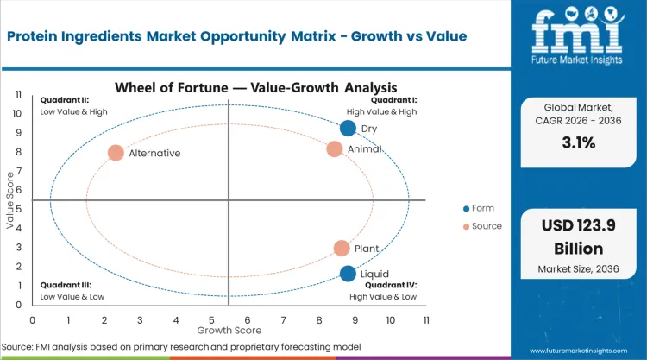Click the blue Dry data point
[x=348, y=129]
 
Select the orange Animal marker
[x=335, y=148]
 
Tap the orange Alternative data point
[x=116, y=153]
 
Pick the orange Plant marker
[x=342, y=249]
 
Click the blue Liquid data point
[x=348, y=274]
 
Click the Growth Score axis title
[x=229, y=330]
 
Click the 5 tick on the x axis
[x=211, y=319]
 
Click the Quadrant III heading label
[x=63, y=284]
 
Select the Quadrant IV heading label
[x=391, y=284]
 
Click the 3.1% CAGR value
[x=577, y=143]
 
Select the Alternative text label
[x=154, y=153]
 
